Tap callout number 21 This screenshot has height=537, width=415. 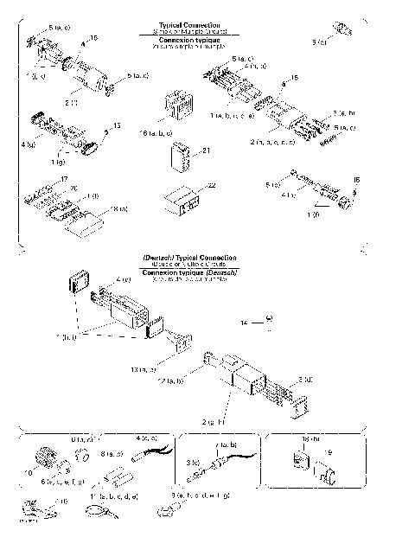click(206, 150)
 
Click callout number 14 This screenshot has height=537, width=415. click(245, 322)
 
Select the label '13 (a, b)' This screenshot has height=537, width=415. click(142, 369)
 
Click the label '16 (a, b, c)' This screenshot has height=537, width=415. click(156, 133)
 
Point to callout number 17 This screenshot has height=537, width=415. click(63, 179)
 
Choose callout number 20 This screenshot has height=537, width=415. click(74, 188)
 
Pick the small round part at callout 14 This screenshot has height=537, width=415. click(269, 319)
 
